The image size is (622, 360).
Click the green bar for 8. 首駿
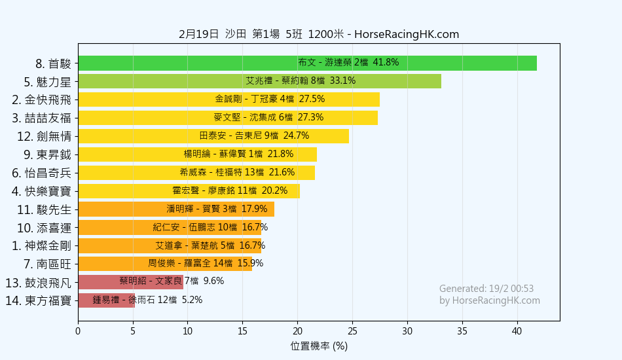pyautogui.click(x=307, y=63)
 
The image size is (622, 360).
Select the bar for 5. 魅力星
pyautogui.click(x=259, y=81)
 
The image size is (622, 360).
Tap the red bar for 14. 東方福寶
pyautogui.click(x=106, y=300)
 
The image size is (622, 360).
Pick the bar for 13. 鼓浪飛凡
pyautogui.click(x=130, y=282)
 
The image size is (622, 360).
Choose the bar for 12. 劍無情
pyautogui.click(x=213, y=136)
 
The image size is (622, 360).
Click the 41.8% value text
pyautogui.click(x=386, y=63)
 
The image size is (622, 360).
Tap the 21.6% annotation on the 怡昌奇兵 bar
pyautogui.click(x=282, y=173)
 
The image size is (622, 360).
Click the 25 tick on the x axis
pyautogui.click(x=353, y=331)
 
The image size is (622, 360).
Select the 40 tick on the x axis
pyautogui.click(x=517, y=331)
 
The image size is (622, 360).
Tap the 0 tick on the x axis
pyautogui.click(x=78, y=331)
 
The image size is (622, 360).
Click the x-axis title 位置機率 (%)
pyautogui.click(x=319, y=346)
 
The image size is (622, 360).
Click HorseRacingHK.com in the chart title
pyautogui.click(x=406, y=35)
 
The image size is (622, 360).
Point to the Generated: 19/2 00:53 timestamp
pyautogui.click(x=486, y=289)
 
